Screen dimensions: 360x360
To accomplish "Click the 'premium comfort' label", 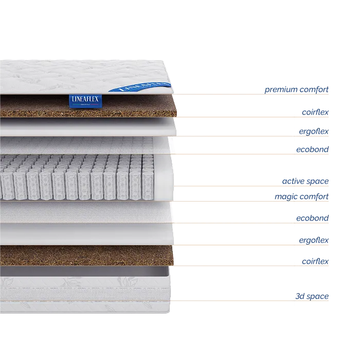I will (x=296, y=90).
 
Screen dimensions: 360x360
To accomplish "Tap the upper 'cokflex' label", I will (x=315, y=111).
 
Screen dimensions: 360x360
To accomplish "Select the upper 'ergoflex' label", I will (x=314, y=132).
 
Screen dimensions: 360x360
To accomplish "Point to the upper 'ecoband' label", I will (x=313, y=149).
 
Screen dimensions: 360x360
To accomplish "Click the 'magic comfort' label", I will (x=301, y=196).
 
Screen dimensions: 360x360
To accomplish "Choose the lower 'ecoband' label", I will (x=313, y=218).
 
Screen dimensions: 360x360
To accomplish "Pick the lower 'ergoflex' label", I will (x=314, y=240).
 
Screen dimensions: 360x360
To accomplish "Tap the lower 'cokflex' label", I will (x=315, y=262).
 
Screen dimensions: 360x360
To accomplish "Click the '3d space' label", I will (x=311, y=297).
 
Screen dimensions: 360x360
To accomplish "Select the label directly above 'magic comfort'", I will (x=304, y=181).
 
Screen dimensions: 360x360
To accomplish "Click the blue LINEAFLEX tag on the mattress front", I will (x=85, y=100).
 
